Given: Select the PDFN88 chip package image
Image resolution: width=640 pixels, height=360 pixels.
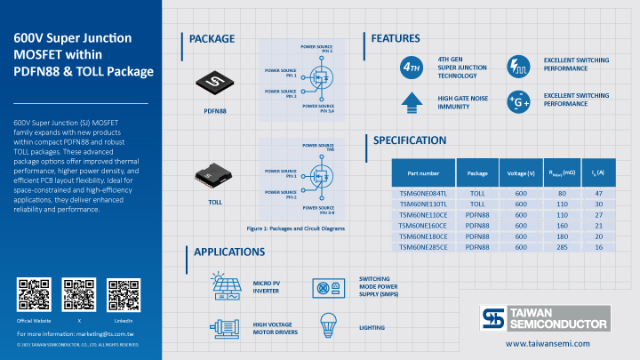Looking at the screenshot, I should click(x=213, y=84).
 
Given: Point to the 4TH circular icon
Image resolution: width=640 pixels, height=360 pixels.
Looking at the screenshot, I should click(x=412, y=67).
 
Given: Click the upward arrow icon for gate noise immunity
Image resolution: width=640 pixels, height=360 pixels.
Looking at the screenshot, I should click(x=412, y=100).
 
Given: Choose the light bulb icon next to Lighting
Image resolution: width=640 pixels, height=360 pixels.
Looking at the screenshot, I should click(x=328, y=325).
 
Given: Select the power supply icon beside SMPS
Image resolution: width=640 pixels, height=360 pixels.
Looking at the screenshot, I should click(x=328, y=287).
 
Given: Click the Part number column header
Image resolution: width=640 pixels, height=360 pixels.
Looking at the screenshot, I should click(x=423, y=172).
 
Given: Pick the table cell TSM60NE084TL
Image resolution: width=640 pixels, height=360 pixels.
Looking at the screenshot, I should click(x=423, y=192).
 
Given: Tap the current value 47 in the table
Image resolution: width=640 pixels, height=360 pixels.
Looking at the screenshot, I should click(x=598, y=192).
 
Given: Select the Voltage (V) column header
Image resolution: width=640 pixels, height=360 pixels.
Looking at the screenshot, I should click(x=520, y=172).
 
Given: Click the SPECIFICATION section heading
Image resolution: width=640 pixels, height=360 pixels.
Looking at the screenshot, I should click(x=409, y=140).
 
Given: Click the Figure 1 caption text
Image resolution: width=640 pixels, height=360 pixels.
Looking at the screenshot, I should click(x=295, y=228).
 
